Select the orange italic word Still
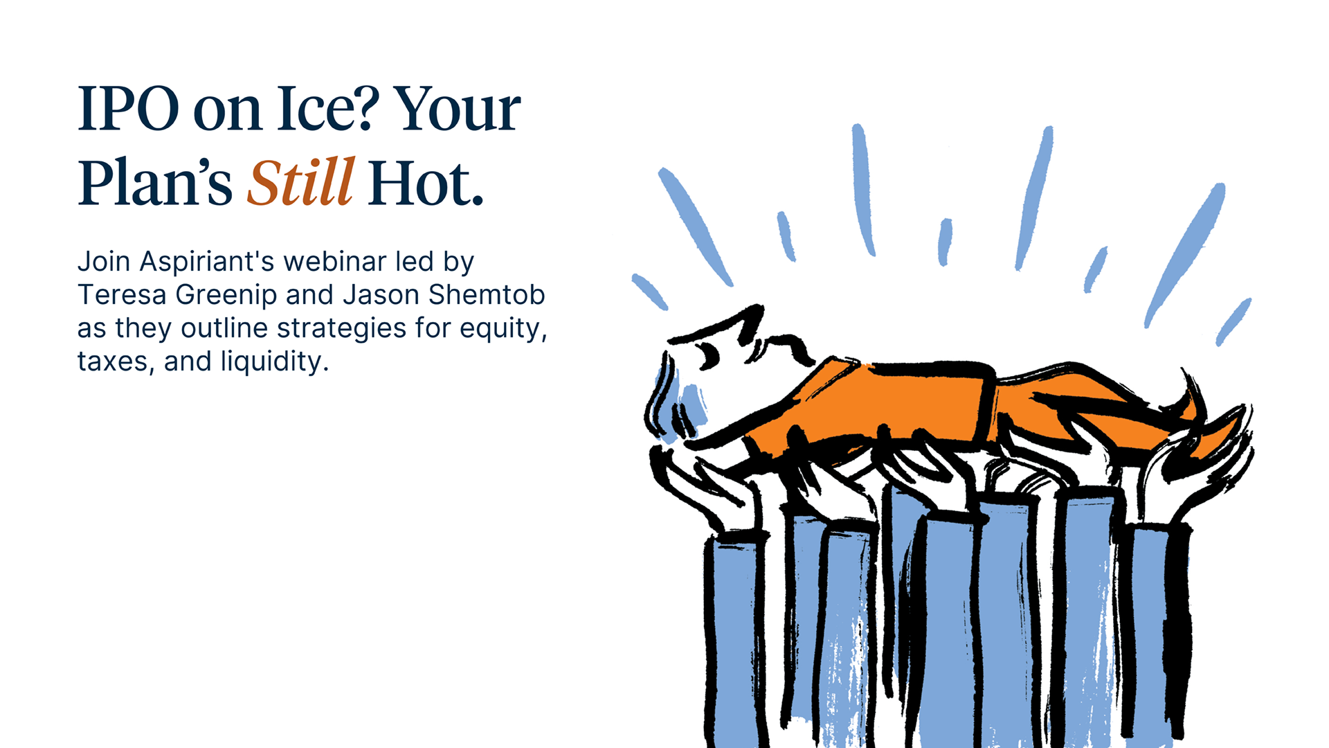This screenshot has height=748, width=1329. click(x=301, y=181)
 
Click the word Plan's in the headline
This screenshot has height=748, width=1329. click(x=155, y=183)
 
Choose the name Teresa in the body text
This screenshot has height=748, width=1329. click(x=122, y=294)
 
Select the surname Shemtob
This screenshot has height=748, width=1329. click(x=487, y=294)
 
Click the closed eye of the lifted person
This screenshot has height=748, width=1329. click(x=709, y=355)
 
